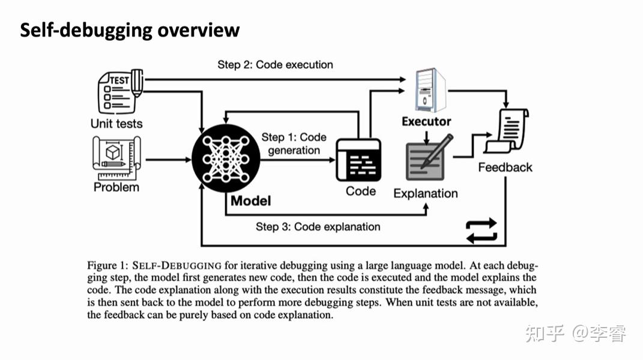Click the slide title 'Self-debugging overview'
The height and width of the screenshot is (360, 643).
pos(130,30)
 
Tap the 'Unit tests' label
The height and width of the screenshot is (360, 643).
pos(116,124)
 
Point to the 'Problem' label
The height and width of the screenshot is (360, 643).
pos(116,187)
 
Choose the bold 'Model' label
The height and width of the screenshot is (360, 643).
pos(250,200)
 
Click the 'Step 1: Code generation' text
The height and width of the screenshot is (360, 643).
pos(294,144)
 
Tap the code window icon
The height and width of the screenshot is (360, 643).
pos(358,160)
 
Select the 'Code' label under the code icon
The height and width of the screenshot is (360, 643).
pos(361,191)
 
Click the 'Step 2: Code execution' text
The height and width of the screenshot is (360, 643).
pos(275,64)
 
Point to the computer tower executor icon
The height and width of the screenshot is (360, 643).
pos(430,90)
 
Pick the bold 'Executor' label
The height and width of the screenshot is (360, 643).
pos(426,122)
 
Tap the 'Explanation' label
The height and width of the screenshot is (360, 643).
pos(426,193)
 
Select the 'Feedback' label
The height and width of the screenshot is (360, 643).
pos(505,167)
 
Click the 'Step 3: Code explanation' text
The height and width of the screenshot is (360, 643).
pos(318,226)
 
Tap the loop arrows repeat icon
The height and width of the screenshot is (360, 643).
pos(481,231)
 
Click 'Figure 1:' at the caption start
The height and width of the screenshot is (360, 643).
pos(108,265)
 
